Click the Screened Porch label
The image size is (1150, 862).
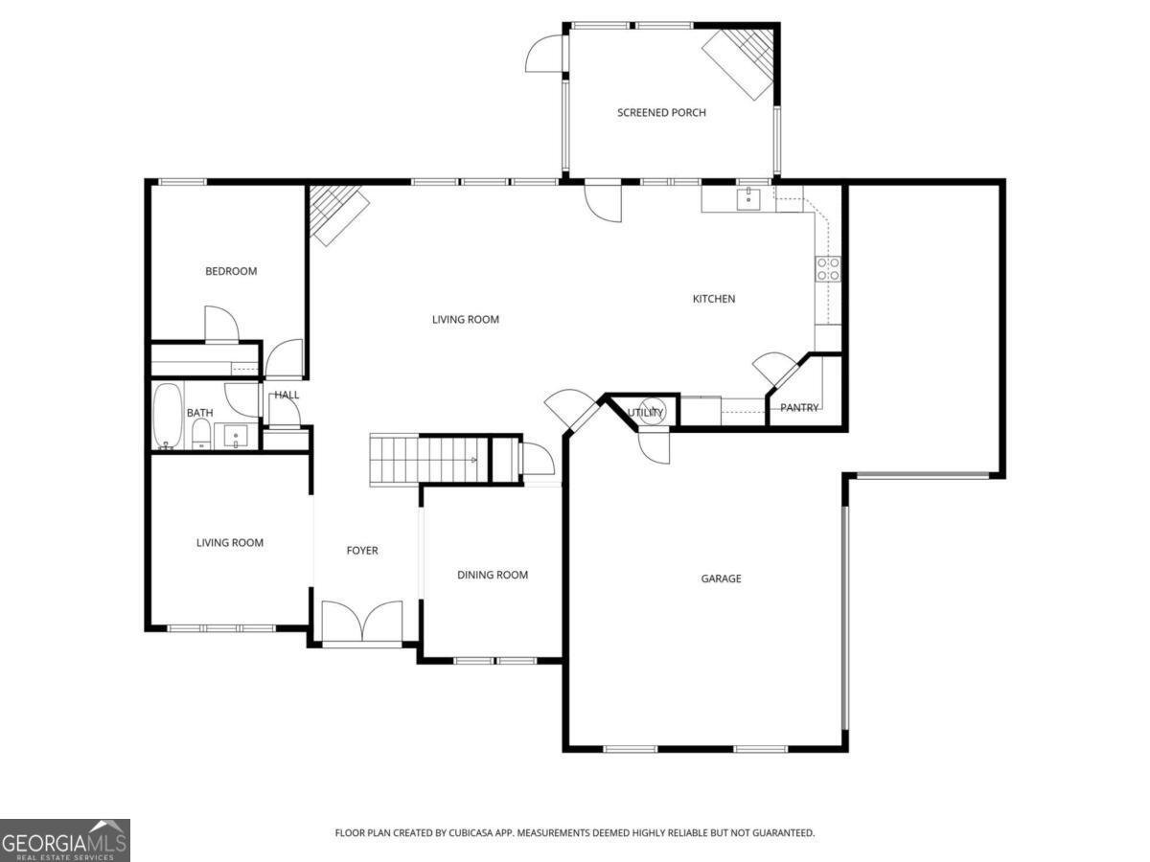click(661, 112)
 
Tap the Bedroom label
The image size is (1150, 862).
click(231, 271)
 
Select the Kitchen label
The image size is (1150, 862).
click(714, 299)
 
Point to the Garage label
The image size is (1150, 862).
click(721, 578)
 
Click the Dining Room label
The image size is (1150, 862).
click(493, 575)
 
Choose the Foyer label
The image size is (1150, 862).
click(362, 550)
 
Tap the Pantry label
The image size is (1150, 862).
click(799, 408)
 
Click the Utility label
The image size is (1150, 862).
click(645, 413)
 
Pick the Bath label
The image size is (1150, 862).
click(199, 413)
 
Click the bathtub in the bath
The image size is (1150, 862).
click(168, 416)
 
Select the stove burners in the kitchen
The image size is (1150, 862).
click(828, 269)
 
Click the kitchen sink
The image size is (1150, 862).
click(748, 199)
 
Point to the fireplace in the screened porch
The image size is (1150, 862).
click(739, 63)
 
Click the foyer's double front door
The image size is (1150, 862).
click(362, 622)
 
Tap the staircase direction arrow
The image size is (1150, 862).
click(473, 460)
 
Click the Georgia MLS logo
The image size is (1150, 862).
click(65, 840)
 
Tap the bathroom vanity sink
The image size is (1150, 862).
click(236, 436)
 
